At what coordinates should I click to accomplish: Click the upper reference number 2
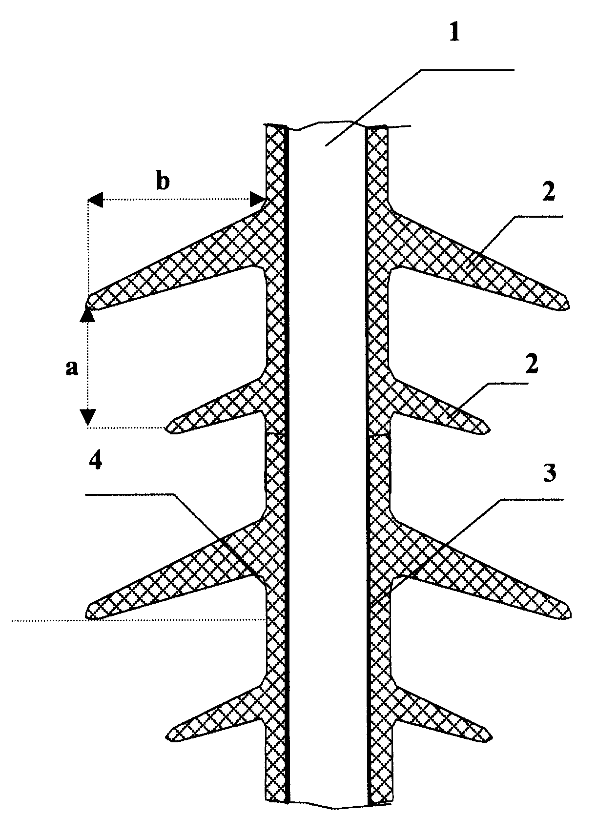tap(547, 193)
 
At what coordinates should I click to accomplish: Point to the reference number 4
tap(95, 459)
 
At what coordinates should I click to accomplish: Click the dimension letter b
tap(163, 182)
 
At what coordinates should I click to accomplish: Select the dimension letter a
tap(72, 369)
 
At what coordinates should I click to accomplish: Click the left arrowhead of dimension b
tap(95, 199)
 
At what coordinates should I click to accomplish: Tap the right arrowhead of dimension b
tap(258, 199)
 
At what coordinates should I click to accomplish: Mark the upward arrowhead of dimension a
tap(88, 316)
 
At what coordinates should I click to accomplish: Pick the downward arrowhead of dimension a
tap(88, 417)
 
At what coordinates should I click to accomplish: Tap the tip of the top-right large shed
tap(569, 304)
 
